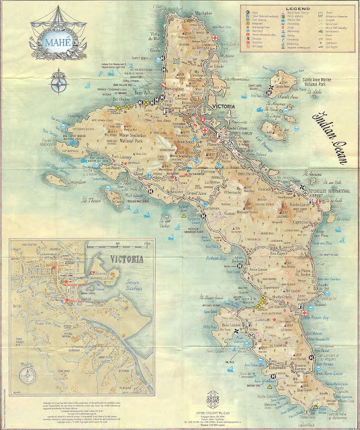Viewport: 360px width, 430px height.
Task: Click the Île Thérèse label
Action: [x=91, y=199]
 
